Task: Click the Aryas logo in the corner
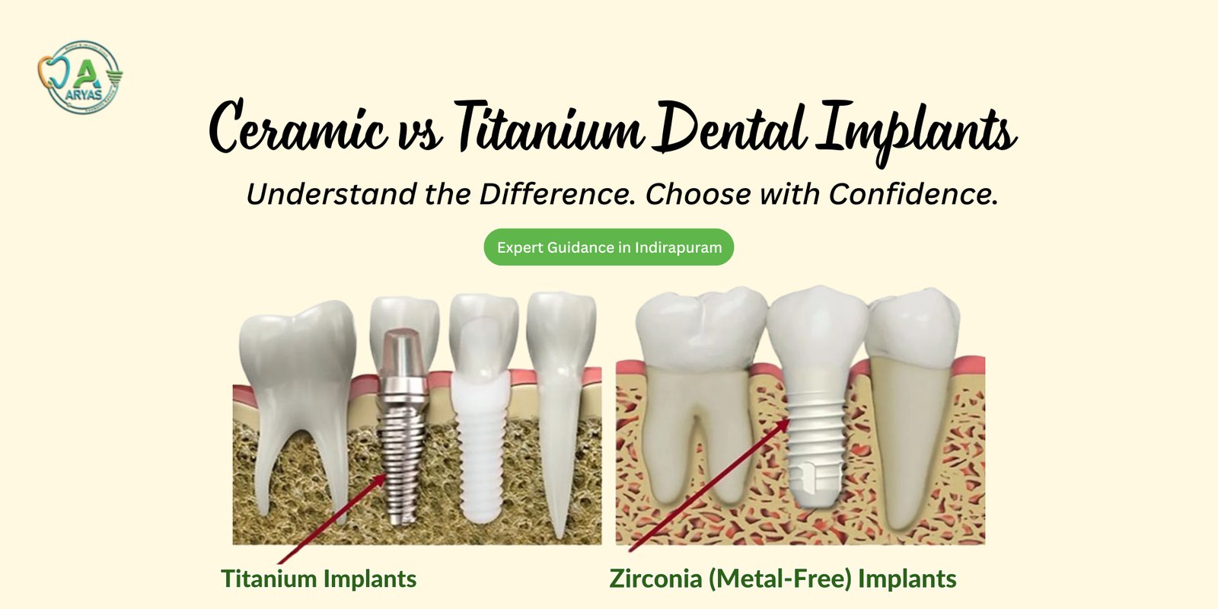(x=80, y=77)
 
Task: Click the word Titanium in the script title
(x=548, y=127)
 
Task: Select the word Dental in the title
(x=731, y=127)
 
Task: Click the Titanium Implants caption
(x=318, y=579)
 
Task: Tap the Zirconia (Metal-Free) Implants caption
(x=783, y=579)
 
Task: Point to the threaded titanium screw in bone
(x=402, y=457)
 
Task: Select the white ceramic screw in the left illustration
(x=479, y=457)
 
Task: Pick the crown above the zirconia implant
(x=817, y=335)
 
